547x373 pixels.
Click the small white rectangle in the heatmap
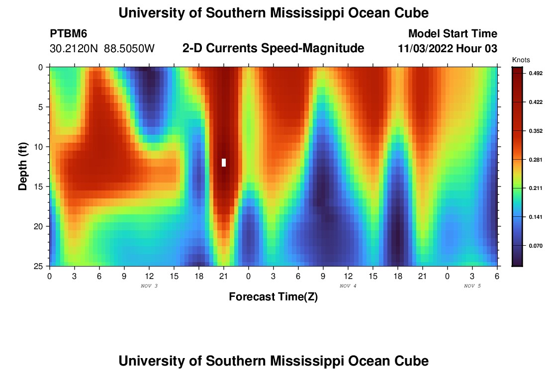(x=224, y=162)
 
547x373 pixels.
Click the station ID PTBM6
(x=69, y=34)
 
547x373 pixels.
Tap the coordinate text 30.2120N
(x=75, y=49)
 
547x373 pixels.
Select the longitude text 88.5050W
(x=129, y=49)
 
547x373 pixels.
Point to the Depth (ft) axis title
(x=23, y=166)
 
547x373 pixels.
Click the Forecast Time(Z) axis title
(x=273, y=297)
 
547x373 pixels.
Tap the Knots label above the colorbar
(x=521, y=60)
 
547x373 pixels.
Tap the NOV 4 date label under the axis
(x=348, y=286)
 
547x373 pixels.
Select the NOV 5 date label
(x=472, y=286)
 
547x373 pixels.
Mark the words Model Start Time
(x=453, y=34)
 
